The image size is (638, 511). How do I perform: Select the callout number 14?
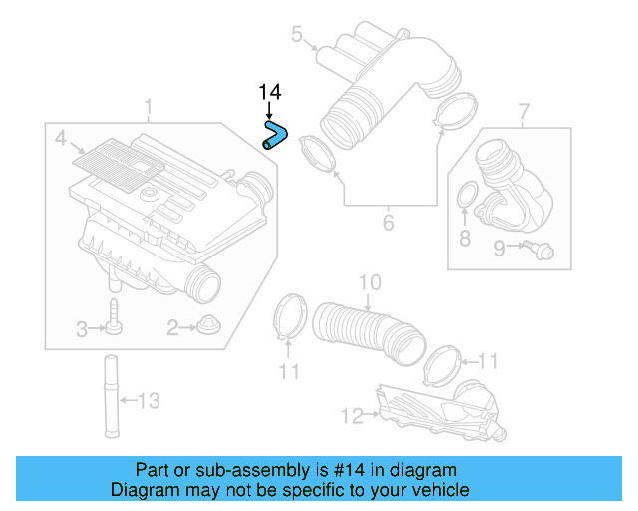(269, 92)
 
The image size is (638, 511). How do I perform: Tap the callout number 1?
(149, 106)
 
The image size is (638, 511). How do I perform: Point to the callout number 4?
(60, 138)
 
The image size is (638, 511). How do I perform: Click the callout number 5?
(297, 35)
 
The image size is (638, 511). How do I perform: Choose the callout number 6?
(388, 222)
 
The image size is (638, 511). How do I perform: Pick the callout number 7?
(525, 109)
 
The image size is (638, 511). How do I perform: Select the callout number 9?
(499, 249)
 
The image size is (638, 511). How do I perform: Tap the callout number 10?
(369, 283)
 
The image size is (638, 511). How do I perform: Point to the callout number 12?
(351, 414)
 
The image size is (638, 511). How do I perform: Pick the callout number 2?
(172, 327)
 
